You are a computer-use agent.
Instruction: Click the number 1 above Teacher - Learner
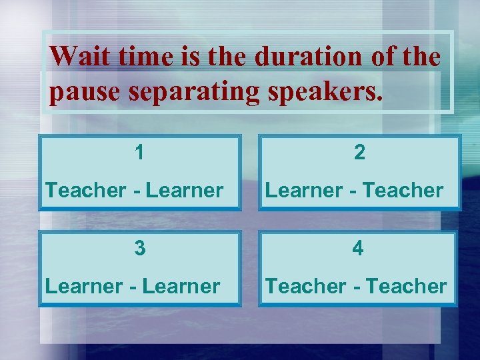coord(139,153)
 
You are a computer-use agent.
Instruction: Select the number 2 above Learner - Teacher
coord(359,153)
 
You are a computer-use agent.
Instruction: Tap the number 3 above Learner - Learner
coord(139,248)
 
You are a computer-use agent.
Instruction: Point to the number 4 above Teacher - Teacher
coord(359,249)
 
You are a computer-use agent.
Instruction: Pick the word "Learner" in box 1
coord(184,191)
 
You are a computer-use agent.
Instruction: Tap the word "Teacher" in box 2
coord(405,191)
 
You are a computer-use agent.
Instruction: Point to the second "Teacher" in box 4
coord(407,287)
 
